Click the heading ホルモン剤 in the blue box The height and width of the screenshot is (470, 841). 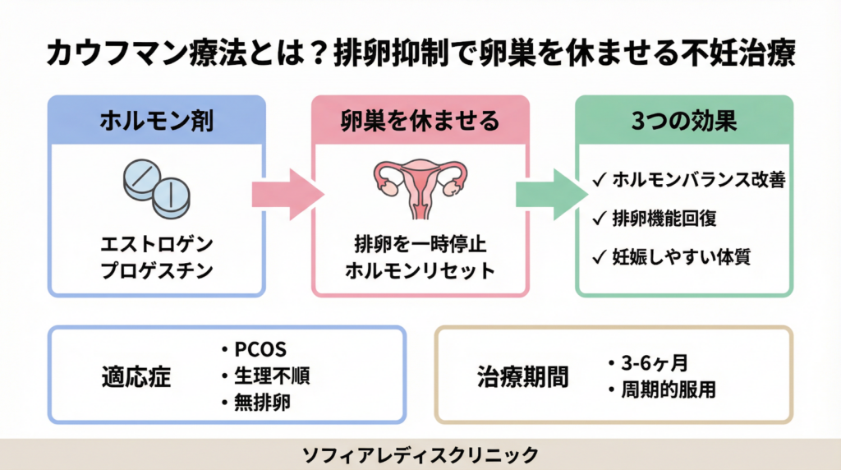point(156,121)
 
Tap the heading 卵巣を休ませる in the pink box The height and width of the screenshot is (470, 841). point(420,121)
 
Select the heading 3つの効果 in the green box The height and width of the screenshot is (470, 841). point(684,121)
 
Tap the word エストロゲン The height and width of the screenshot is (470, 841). point(156,244)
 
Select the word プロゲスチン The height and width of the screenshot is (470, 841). point(156,270)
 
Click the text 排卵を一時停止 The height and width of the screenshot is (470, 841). point(420,244)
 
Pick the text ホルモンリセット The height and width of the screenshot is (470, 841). point(420,270)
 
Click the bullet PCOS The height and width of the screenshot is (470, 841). point(260,349)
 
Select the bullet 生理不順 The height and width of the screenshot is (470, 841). point(270,376)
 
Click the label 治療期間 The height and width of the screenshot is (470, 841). point(523,376)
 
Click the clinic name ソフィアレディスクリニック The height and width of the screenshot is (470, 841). point(420,454)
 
